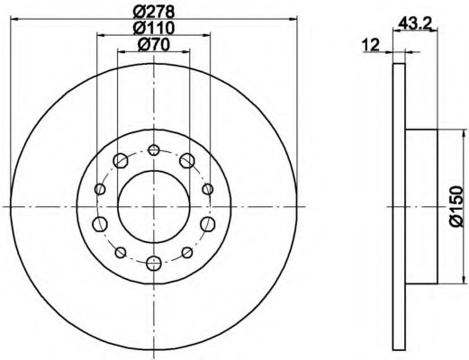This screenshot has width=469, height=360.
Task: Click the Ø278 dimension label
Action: click(x=153, y=12)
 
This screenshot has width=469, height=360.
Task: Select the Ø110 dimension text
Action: click(x=153, y=28)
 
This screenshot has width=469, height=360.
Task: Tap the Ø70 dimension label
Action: click(x=153, y=45)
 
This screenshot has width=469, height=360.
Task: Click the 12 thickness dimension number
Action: click(x=371, y=45)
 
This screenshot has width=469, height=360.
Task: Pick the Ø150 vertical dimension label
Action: click(x=456, y=206)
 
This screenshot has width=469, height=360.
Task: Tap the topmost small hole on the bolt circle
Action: click(x=154, y=149)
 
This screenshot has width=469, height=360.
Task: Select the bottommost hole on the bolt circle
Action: click(x=154, y=264)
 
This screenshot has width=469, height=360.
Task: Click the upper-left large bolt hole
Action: click(x=121, y=160)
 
